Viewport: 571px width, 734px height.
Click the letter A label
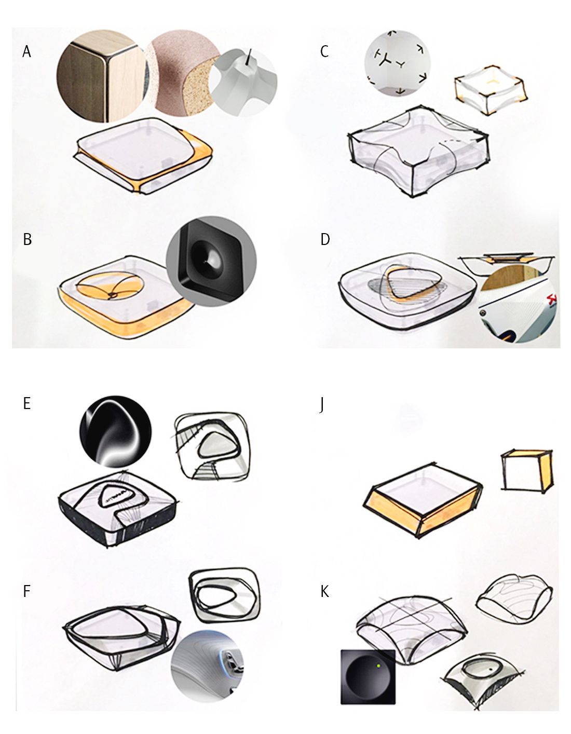(x=27, y=51)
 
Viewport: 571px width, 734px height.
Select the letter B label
(x=28, y=239)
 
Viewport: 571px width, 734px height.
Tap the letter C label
(x=324, y=51)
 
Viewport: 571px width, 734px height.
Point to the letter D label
(x=325, y=239)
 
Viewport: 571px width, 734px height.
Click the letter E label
(x=27, y=403)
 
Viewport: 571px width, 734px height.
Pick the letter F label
(x=27, y=591)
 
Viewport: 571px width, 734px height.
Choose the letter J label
(x=322, y=405)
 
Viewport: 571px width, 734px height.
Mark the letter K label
(x=325, y=591)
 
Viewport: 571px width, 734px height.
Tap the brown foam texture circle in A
(x=182, y=73)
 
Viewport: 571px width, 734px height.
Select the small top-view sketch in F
(x=225, y=595)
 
